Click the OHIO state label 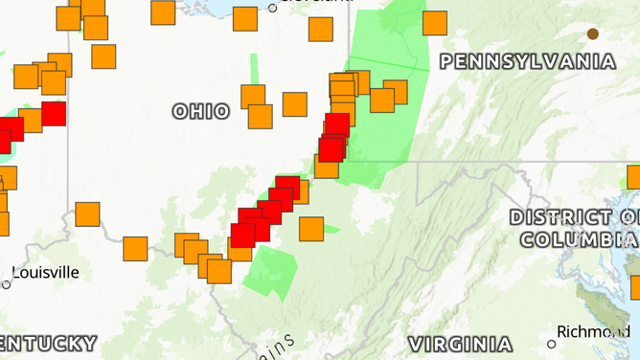201,111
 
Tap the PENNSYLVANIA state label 527,61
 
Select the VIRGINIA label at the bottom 460,344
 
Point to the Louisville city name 46,272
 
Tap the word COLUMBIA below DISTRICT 575,237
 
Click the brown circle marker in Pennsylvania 593,34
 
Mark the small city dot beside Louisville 6,284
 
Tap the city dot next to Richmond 551,344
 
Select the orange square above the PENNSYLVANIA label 435,23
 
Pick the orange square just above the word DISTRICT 634,177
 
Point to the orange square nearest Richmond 634,287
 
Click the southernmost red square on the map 243,235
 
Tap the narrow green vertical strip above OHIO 255,71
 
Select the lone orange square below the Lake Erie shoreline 321,29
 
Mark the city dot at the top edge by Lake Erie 272,8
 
